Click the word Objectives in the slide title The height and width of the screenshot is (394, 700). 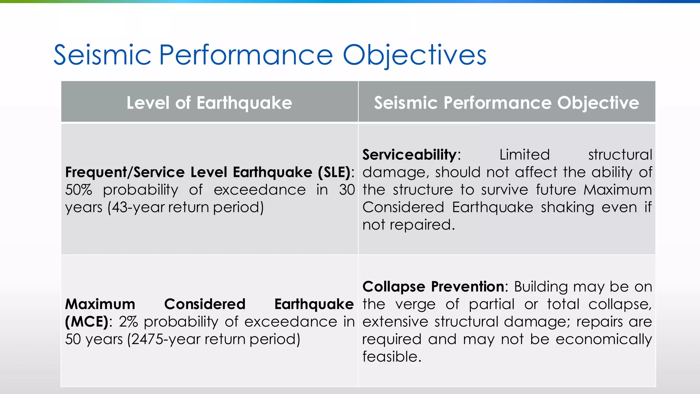click(x=414, y=55)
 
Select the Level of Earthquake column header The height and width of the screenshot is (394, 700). click(x=209, y=103)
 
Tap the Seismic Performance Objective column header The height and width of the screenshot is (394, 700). click(x=506, y=103)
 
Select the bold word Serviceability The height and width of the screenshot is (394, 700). click(x=409, y=155)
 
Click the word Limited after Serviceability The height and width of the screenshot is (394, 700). click(x=524, y=155)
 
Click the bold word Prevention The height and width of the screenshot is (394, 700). click(x=467, y=287)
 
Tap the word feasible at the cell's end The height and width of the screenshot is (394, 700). click(x=391, y=357)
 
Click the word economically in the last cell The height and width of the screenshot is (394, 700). click(x=603, y=340)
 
